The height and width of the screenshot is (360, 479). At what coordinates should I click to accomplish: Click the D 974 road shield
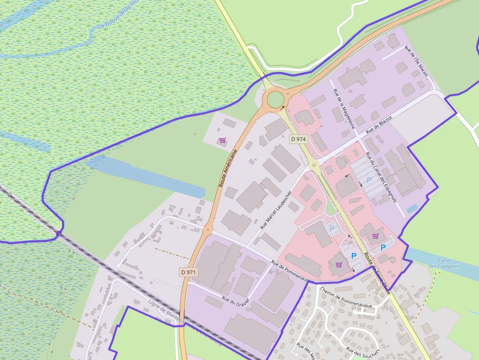click(298, 139)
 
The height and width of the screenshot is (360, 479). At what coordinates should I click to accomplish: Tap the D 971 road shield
click(188, 272)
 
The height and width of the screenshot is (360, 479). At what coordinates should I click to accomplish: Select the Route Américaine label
click(228, 169)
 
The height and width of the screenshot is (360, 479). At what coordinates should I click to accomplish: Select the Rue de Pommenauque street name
click(290, 272)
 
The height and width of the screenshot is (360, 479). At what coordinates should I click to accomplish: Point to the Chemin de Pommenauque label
click(346, 297)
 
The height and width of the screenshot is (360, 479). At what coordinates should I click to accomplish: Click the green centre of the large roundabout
click(276, 99)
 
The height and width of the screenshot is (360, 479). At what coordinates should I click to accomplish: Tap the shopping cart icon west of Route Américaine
click(222, 141)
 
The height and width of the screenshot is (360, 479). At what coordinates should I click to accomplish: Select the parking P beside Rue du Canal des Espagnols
click(369, 180)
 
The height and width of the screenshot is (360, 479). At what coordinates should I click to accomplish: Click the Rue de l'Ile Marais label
click(416, 62)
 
